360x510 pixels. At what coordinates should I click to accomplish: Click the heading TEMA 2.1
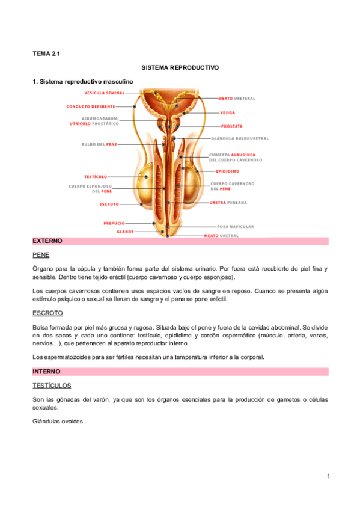(46, 54)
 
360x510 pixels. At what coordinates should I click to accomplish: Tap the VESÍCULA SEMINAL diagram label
(104, 93)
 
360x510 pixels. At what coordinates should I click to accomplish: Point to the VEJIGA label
(227, 112)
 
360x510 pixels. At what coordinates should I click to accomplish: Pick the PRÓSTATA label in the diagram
(231, 127)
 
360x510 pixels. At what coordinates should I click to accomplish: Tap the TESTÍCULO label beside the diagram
(96, 177)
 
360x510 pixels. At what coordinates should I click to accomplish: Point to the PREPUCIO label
(114, 223)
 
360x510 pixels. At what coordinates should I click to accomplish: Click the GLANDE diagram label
(124, 231)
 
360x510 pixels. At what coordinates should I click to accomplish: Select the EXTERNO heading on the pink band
(47, 241)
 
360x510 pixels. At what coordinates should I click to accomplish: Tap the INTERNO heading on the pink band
(46, 372)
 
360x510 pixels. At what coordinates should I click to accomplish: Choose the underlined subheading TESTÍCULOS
(52, 385)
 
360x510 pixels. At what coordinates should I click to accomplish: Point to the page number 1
(329, 477)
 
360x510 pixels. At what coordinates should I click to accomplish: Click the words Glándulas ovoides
(58, 422)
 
